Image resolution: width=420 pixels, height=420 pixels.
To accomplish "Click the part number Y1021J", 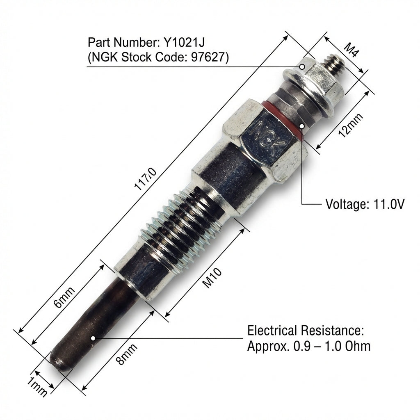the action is (x=184, y=42).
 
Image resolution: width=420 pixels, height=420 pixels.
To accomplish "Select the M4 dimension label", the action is (x=351, y=50).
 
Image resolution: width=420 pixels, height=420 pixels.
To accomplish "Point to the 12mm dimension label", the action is (x=351, y=125).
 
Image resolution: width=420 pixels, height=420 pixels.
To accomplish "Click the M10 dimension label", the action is (x=212, y=278).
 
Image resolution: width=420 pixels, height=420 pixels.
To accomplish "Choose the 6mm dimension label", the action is (x=64, y=297).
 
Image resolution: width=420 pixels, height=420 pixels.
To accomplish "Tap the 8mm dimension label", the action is (x=127, y=354).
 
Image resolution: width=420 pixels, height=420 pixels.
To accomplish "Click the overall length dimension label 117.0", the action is (x=145, y=179).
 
